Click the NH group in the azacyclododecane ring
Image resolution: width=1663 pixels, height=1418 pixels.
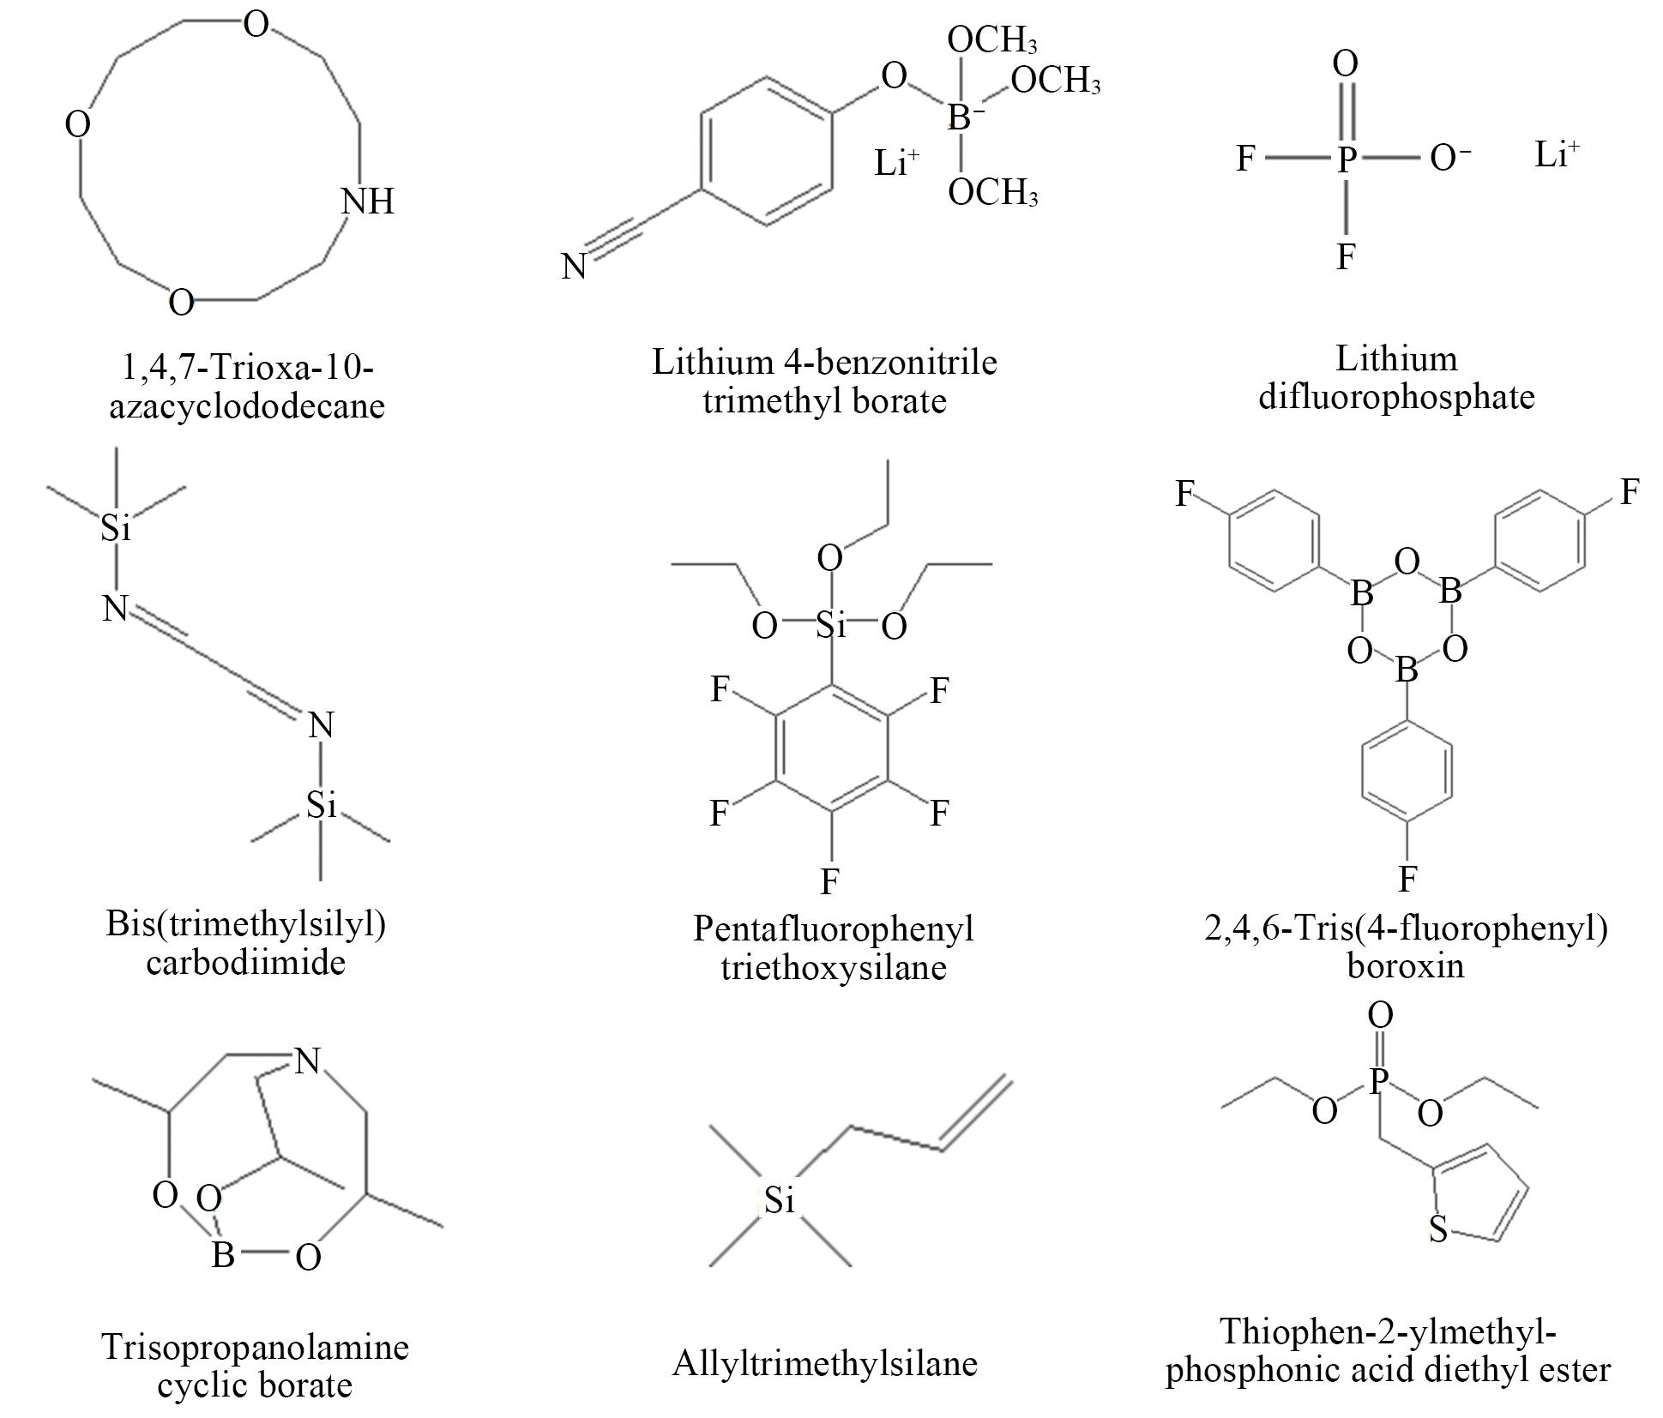(x=368, y=201)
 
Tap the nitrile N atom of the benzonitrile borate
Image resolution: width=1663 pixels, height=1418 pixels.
(x=574, y=267)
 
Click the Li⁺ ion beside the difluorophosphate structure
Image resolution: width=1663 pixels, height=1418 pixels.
(x=1557, y=154)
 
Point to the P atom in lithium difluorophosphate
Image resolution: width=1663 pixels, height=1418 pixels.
(x=1346, y=159)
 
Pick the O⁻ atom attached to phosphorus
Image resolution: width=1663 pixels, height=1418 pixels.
(x=1450, y=159)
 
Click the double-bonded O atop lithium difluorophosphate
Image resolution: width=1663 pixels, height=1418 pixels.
(x=1346, y=63)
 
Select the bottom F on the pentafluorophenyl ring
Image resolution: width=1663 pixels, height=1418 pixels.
(x=829, y=880)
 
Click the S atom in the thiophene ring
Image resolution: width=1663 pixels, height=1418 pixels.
(x=1438, y=1230)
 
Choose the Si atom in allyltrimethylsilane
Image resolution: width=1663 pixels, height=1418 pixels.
(x=780, y=1199)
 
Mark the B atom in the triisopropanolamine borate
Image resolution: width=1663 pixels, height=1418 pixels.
(x=223, y=1255)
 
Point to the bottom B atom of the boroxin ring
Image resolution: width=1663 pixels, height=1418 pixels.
(x=1407, y=670)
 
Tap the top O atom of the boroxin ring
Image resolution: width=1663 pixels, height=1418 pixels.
(x=1407, y=562)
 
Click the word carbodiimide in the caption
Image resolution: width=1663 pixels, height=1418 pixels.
(x=245, y=962)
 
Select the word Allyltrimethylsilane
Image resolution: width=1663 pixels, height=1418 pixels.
(x=825, y=1362)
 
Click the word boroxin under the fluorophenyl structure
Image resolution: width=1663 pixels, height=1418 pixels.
(x=1406, y=965)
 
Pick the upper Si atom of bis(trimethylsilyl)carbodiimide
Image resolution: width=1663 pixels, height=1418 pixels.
(x=116, y=527)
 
